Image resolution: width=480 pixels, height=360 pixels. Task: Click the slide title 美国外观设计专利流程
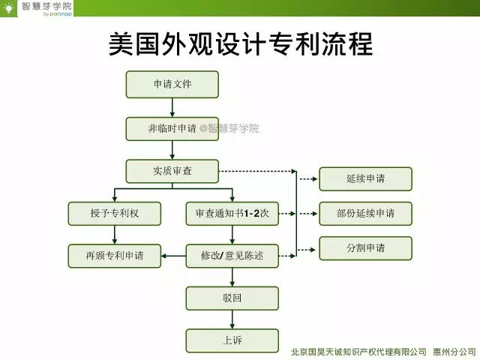[x=240, y=44]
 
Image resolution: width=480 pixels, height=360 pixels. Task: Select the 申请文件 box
[x=172, y=84]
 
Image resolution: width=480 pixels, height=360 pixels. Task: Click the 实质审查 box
[x=172, y=171]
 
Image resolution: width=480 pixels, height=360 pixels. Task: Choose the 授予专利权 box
[x=114, y=214]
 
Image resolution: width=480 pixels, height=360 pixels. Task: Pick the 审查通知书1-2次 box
[x=232, y=214]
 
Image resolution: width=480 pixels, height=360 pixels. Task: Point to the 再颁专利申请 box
[x=114, y=256]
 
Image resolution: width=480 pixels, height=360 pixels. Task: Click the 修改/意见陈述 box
[x=232, y=256]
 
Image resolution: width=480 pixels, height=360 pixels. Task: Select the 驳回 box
[x=232, y=298]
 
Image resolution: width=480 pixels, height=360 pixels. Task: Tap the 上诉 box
[x=232, y=340]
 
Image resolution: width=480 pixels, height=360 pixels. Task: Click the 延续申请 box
[x=365, y=178]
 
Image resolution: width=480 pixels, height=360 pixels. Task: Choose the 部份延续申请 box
[x=365, y=214]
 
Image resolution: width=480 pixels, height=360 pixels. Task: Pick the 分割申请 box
[x=365, y=248]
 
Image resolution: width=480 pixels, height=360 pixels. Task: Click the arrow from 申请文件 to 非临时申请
[x=172, y=107]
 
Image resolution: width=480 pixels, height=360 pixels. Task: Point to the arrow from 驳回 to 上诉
[x=232, y=319]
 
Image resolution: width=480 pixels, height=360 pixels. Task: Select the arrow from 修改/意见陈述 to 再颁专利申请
[x=174, y=256]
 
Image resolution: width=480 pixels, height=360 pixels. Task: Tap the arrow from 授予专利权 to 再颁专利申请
[x=114, y=235]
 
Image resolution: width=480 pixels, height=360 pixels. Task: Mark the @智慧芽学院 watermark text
[x=229, y=128]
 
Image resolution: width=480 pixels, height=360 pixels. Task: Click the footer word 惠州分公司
[x=454, y=351]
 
